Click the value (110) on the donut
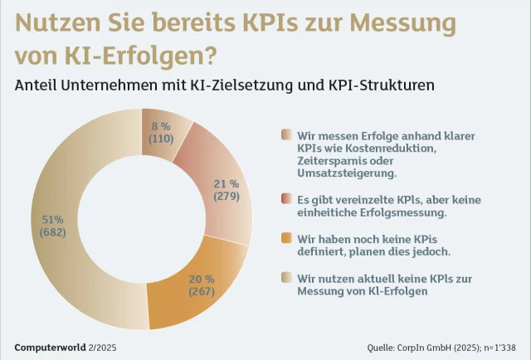[160, 139]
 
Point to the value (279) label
[226, 197]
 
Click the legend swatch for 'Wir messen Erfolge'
[286, 134]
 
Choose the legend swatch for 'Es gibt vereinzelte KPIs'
[286, 200]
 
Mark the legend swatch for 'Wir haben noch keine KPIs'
[286, 238]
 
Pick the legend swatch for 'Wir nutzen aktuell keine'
[286, 277]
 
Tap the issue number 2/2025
[104, 346]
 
